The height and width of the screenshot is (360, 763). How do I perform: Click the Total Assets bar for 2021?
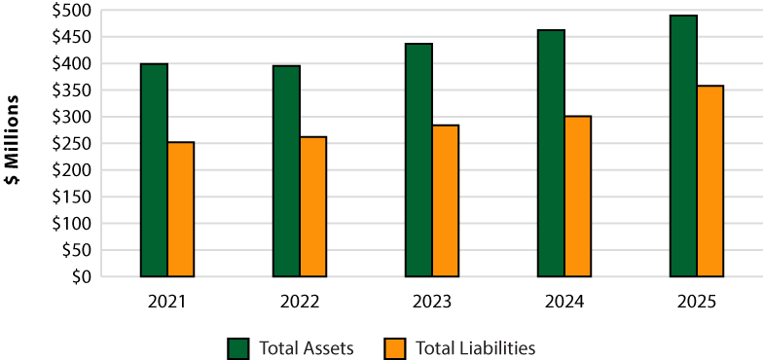pos(154,170)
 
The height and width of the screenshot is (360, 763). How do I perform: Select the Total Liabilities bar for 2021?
pos(181,209)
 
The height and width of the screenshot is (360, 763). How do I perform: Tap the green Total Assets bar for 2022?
pos(286,171)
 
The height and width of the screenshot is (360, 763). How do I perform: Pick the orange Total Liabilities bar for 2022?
pos(313,206)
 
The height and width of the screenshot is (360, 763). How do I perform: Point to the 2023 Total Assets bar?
pos(418,160)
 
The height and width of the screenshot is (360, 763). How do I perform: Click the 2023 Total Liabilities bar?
pos(446,200)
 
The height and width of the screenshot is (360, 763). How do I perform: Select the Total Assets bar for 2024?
pos(551,154)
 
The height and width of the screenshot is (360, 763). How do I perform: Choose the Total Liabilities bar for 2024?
pos(578,197)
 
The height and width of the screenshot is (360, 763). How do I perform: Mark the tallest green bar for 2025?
pos(683,146)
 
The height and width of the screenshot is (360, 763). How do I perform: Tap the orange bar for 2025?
pos(710,181)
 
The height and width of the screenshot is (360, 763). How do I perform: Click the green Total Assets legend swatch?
pos(238,348)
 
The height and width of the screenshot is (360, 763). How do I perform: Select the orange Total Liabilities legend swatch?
pos(394,348)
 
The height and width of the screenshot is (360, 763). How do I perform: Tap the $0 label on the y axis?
pos(84,276)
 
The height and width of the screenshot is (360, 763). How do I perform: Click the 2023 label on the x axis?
pos(432,302)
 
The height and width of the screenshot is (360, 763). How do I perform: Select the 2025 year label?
pos(697,302)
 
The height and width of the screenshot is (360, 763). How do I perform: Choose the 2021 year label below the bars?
pos(167,302)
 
